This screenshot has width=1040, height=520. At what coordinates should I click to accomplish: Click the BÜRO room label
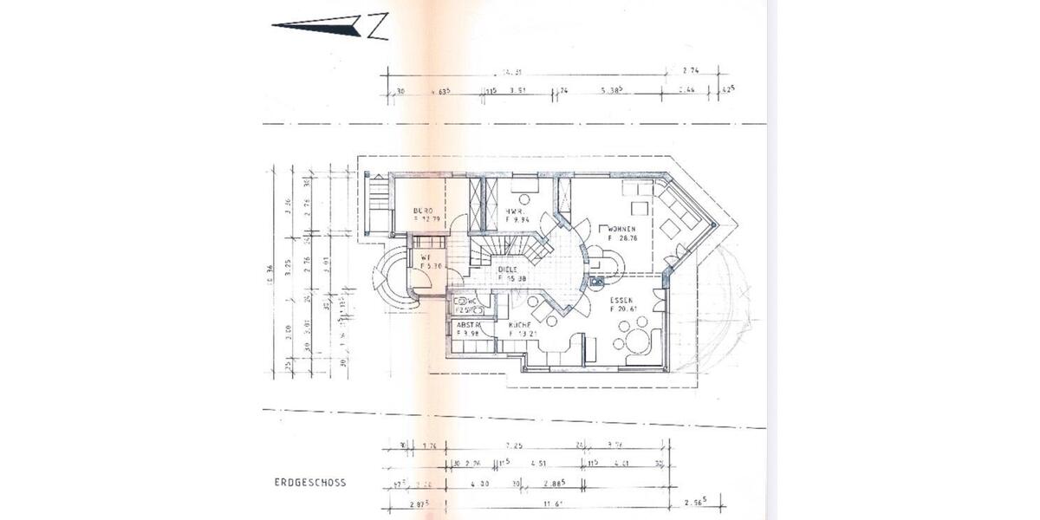point(423,211)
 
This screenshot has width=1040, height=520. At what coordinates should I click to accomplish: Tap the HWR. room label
point(515,211)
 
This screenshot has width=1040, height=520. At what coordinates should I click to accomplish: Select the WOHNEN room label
point(624,228)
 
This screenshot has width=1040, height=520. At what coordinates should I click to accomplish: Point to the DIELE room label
point(509,270)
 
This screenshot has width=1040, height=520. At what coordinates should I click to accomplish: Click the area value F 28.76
point(623,237)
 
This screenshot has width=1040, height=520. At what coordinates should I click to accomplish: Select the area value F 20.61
point(623,309)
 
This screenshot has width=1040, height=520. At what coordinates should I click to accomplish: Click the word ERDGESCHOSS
point(309,483)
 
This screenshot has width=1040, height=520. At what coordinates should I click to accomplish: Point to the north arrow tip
point(274,25)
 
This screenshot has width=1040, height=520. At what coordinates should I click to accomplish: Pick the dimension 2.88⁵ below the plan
point(555,482)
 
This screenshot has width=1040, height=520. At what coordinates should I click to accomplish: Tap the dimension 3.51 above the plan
point(518,90)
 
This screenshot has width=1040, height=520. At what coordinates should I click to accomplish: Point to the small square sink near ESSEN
point(596,281)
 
